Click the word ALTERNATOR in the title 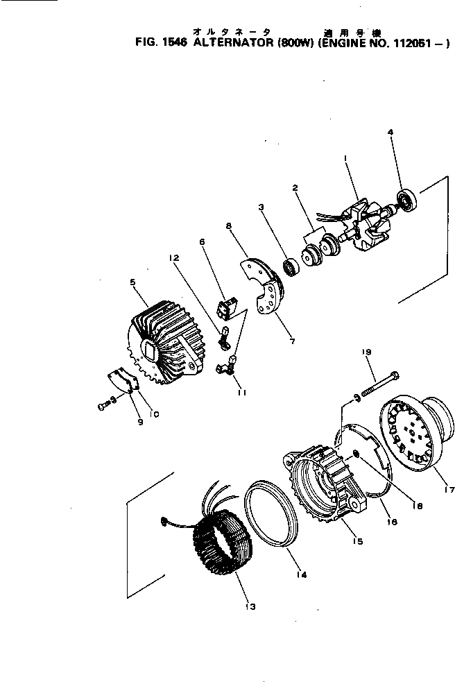(230, 43)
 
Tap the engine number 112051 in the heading (415, 43)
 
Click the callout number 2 (295, 188)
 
